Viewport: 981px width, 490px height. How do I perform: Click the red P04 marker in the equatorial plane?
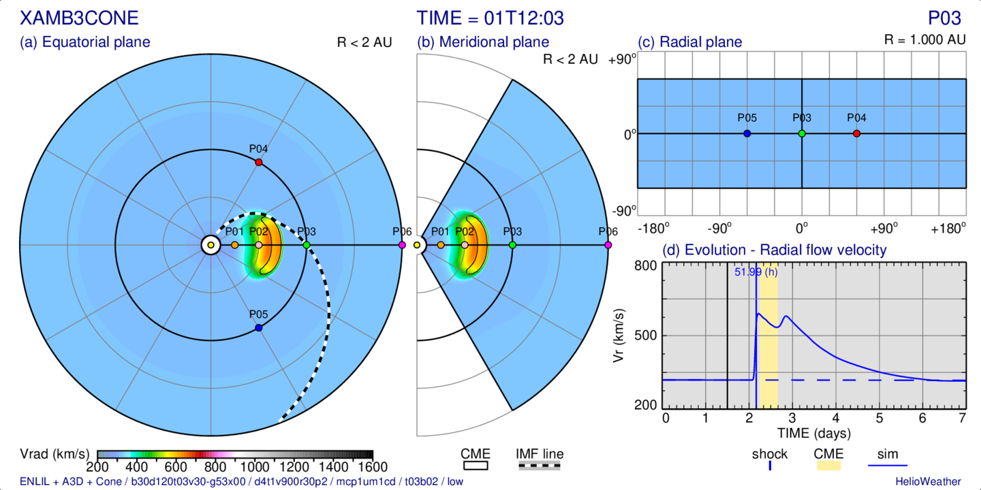(258, 162)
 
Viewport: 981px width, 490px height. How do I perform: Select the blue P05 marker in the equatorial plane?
(258, 328)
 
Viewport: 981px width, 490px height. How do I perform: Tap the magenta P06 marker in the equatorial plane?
(401, 244)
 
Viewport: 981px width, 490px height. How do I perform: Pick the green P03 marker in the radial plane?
(802, 133)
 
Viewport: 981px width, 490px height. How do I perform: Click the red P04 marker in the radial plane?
(856, 133)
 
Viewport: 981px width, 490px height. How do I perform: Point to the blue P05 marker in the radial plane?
(747, 133)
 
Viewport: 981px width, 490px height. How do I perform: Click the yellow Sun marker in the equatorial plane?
(211, 245)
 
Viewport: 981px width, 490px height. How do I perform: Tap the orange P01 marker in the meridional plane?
(441, 244)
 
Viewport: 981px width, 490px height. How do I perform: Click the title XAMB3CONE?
(80, 18)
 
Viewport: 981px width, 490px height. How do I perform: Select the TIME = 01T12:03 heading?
(490, 18)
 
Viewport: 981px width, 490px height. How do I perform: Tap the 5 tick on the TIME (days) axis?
(879, 417)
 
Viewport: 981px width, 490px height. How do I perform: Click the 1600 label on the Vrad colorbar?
(372, 468)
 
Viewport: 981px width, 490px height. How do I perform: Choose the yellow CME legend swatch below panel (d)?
(828, 466)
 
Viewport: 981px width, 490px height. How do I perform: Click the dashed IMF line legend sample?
(540, 466)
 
